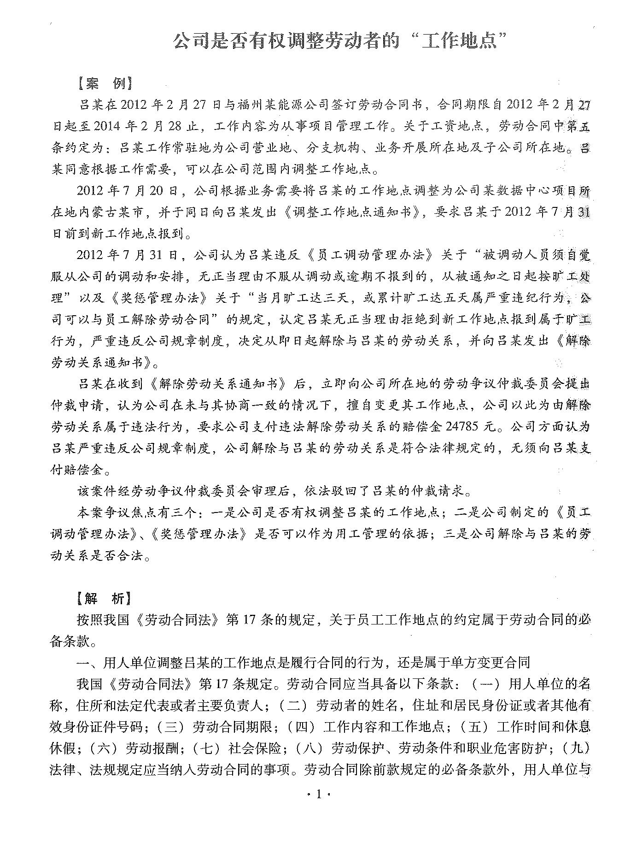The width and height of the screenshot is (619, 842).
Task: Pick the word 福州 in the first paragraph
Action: pos(238,106)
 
